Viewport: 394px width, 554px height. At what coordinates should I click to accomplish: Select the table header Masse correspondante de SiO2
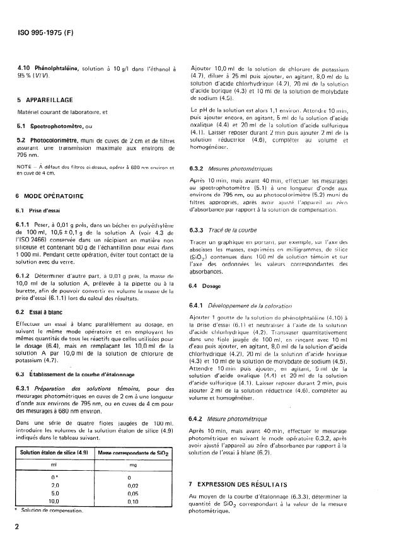coord(134,453)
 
